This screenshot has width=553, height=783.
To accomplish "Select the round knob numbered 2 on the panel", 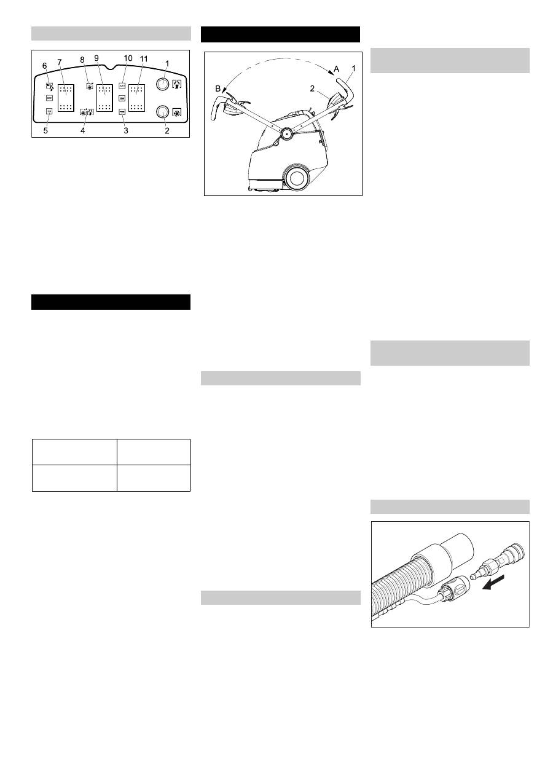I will pos(163,111).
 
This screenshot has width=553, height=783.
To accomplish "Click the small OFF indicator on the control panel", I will pos(49,98).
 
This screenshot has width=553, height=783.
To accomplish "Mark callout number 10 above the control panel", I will pos(128,58).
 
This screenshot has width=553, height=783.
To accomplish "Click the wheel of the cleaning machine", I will pos(297,178).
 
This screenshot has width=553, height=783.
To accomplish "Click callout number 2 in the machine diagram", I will pos(313,89).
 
